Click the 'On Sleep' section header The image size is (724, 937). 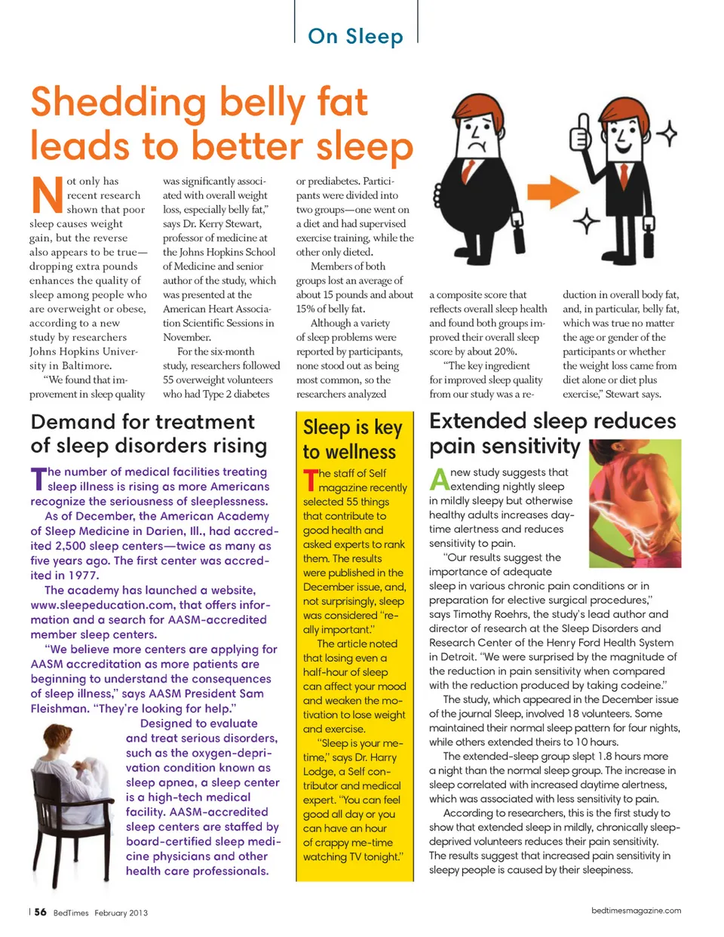(355, 36)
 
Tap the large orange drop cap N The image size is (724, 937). (46, 195)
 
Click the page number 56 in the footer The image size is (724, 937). (40, 911)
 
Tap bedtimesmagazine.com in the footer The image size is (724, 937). (636, 911)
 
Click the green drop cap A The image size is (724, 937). (439, 479)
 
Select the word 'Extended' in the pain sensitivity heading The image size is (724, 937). (477, 421)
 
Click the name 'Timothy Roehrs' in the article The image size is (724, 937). (492, 614)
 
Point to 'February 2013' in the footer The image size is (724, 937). (121, 913)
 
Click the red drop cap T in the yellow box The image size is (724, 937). (309, 481)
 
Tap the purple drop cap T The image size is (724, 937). (38, 478)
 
